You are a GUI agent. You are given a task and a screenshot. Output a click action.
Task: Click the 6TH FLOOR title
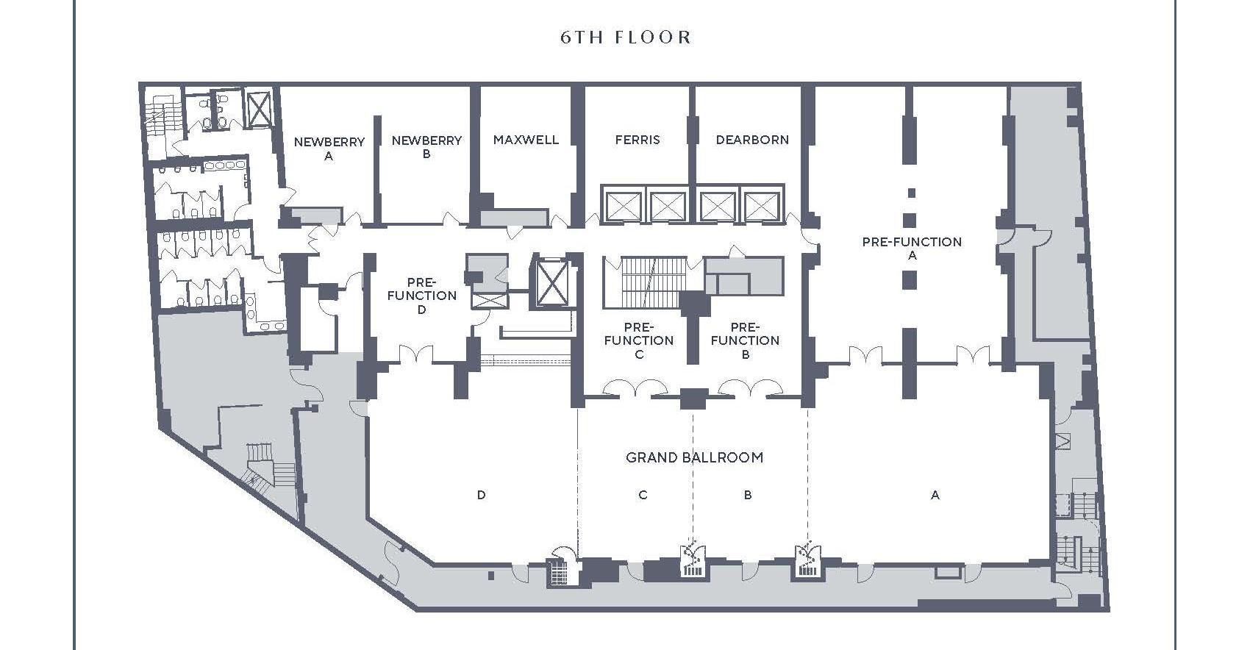tap(626, 37)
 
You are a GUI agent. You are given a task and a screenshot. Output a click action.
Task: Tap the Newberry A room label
tap(329, 149)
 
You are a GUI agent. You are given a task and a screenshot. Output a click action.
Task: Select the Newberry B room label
tap(426, 146)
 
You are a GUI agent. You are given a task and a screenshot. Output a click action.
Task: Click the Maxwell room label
tap(526, 140)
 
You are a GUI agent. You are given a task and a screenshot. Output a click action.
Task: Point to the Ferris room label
tap(637, 140)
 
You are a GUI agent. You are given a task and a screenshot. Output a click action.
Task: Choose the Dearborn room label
tap(752, 140)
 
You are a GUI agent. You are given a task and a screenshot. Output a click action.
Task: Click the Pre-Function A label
tap(912, 249)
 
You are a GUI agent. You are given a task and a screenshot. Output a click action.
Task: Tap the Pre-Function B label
tap(745, 340)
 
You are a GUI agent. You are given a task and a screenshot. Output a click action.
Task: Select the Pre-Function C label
tap(638, 340)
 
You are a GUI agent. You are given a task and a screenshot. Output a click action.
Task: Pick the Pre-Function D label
tap(421, 296)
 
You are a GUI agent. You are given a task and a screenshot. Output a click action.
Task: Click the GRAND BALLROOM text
tap(694, 457)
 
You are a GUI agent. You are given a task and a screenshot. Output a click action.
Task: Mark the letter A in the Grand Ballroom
tap(935, 496)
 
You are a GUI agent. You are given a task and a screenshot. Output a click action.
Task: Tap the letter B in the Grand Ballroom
tap(748, 496)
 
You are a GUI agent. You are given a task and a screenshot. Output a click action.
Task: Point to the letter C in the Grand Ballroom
tap(643, 496)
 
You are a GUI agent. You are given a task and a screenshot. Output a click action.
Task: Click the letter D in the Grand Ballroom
tap(481, 496)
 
